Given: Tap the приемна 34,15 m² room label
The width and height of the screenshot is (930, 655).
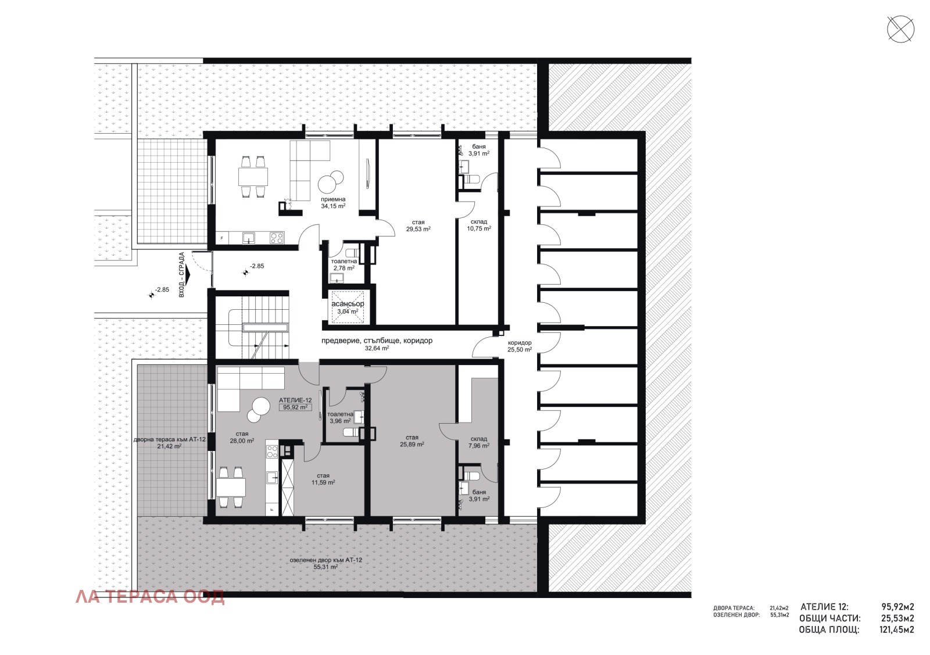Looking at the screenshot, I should tap(333, 202).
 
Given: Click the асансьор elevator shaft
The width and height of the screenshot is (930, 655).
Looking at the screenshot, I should tap(348, 307).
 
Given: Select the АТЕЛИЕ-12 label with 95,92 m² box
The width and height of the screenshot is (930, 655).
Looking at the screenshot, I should tap(295, 404).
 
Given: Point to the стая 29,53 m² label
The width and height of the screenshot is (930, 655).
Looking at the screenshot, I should tap(418, 226).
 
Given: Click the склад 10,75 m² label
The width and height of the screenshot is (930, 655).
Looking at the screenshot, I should tap(478, 226).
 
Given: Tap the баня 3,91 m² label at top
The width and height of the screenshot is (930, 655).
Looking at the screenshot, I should tap(479, 150).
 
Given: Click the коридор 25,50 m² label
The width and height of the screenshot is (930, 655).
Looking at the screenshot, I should tap(519, 346).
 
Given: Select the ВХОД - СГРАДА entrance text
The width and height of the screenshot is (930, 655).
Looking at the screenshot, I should tap(182, 274).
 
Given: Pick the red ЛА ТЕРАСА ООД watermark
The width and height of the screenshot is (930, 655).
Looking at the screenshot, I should tap(150, 597).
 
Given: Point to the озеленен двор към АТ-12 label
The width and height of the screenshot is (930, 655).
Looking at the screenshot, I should tap(325, 563).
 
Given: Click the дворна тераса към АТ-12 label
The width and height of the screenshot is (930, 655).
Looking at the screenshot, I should tap(169, 443).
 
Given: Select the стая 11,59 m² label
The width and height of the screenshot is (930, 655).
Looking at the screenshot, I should tap(323, 479).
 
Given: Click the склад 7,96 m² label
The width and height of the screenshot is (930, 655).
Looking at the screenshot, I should tap(479, 442).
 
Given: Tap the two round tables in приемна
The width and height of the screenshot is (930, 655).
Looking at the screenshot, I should tap(331, 180).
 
